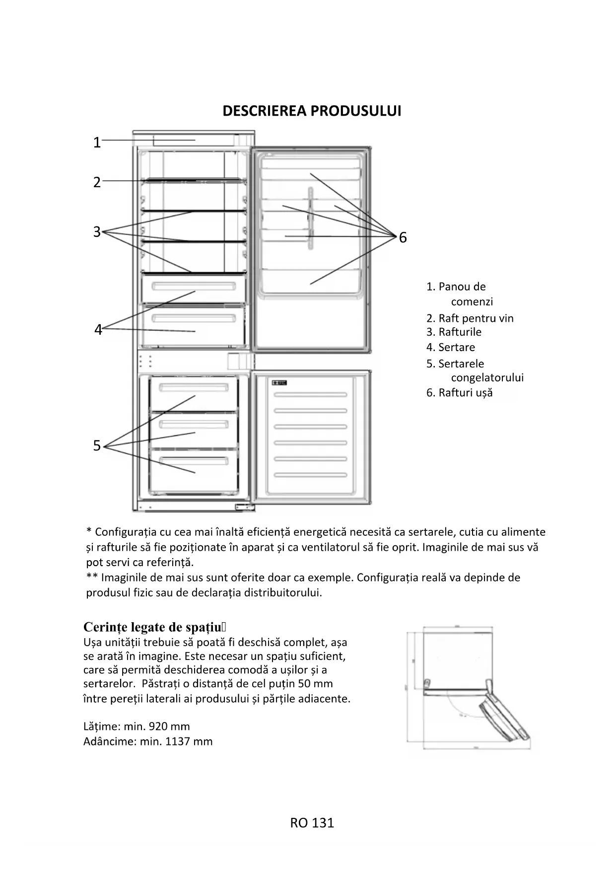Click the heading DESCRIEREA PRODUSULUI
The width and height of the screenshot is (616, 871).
click(x=312, y=111)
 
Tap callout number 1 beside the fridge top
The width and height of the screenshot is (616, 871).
click(x=97, y=143)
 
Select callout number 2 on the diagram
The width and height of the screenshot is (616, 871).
click(x=97, y=182)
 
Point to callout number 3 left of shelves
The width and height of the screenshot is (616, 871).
click(x=97, y=232)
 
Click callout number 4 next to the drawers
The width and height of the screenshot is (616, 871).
click(x=98, y=330)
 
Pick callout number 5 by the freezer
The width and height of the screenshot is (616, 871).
click(x=97, y=446)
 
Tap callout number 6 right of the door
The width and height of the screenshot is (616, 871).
click(x=403, y=238)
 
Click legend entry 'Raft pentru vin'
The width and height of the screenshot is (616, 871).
click(x=476, y=318)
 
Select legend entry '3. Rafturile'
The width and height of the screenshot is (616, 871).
click(x=454, y=332)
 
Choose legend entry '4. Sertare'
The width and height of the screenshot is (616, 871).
click(x=451, y=348)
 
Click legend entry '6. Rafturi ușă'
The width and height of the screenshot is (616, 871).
click(x=460, y=393)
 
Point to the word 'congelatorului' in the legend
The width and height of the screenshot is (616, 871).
click(x=487, y=378)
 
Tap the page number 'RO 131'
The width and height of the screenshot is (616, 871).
click(x=312, y=823)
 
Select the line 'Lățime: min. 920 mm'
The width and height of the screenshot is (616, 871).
click(x=137, y=726)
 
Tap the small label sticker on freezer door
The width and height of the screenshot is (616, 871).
click(x=279, y=382)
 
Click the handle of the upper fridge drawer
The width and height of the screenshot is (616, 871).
click(x=194, y=287)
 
